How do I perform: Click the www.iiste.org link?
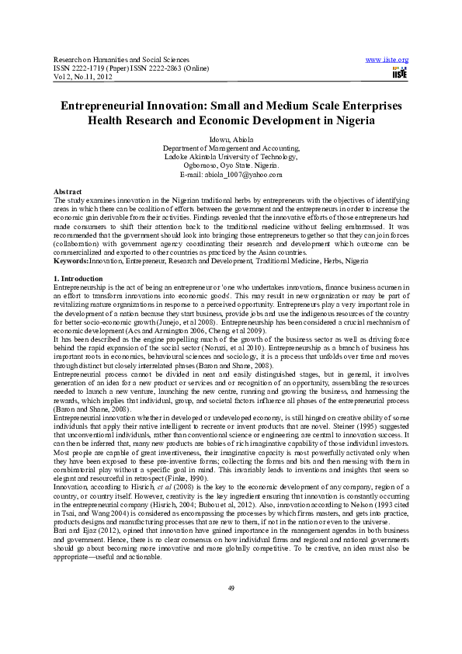pos(387,60)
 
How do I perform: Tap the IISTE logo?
pos(399,72)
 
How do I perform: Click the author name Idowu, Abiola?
pos(231,138)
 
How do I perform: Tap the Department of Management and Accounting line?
pos(231,148)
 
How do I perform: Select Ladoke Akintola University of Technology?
pos(231,156)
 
